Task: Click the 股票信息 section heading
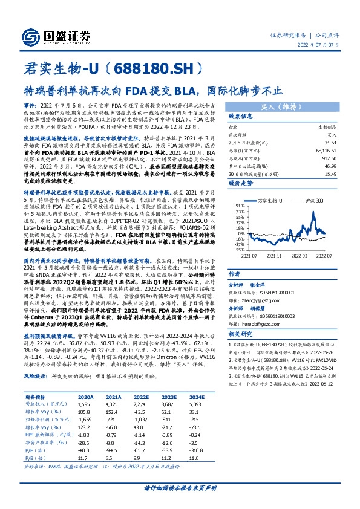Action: (241, 116)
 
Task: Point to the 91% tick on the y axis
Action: (241, 205)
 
